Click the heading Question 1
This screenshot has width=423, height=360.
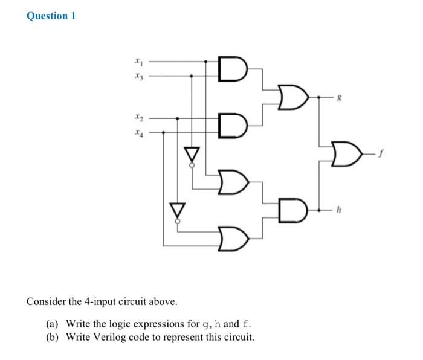coord(51,16)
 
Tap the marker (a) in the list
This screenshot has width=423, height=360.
coord(53,323)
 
